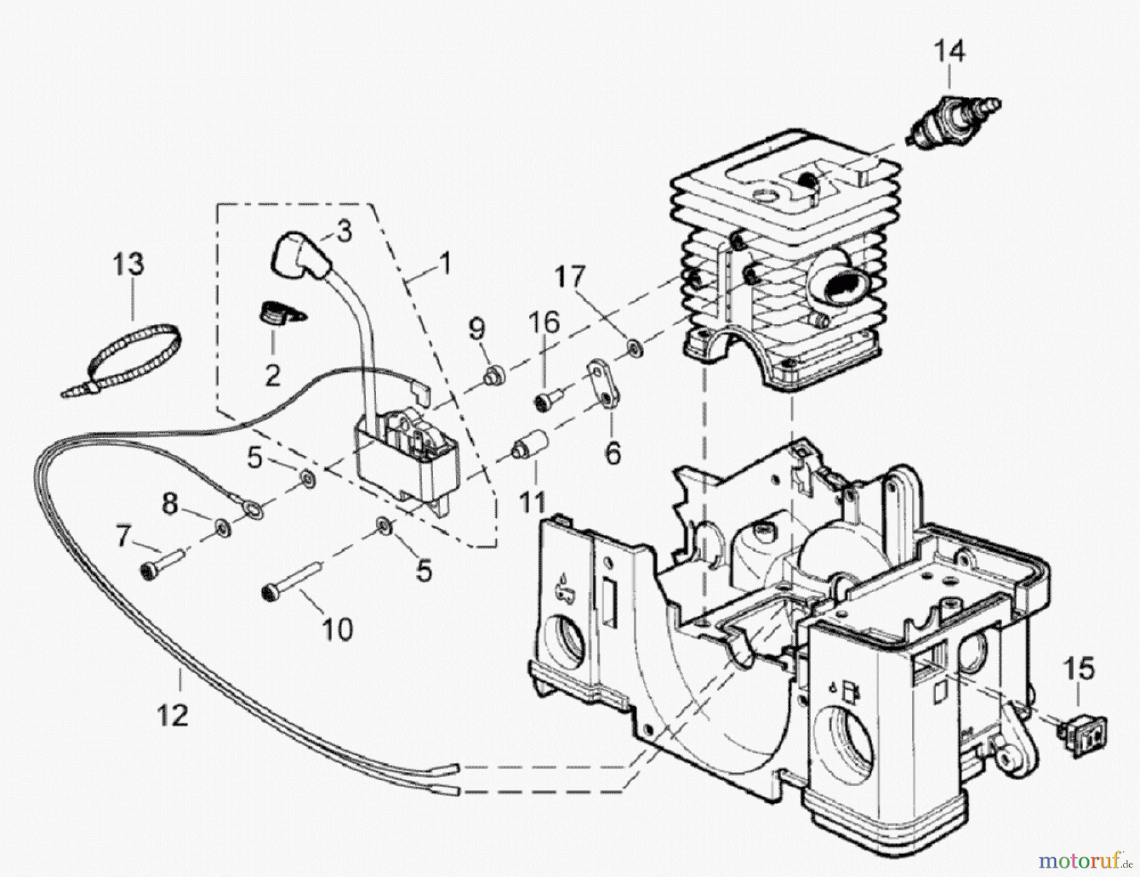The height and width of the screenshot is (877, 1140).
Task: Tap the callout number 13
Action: (129, 264)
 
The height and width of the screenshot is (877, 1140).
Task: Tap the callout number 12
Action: (172, 715)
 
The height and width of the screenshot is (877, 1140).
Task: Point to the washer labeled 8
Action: (222, 525)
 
